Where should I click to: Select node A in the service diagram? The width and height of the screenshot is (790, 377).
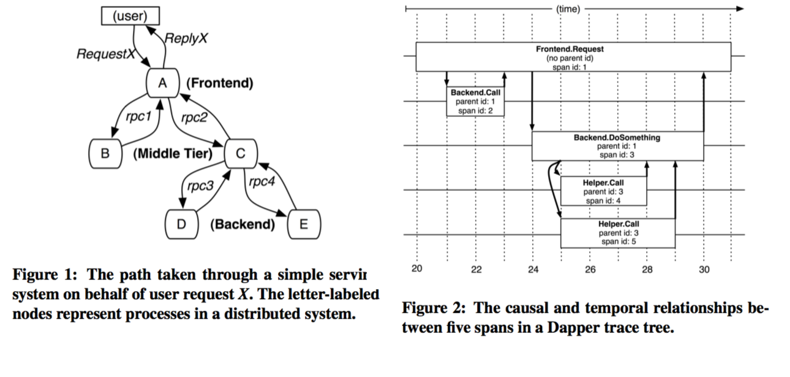click(x=162, y=83)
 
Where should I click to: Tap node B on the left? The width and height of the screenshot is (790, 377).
click(x=105, y=153)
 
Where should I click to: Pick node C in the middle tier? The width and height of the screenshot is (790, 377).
click(x=241, y=153)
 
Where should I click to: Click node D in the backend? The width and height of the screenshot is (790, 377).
click(x=181, y=224)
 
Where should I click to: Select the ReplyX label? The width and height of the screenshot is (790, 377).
click(x=188, y=38)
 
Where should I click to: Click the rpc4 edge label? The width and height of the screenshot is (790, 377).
click(x=263, y=182)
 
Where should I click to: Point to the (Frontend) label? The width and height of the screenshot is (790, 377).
click(x=219, y=83)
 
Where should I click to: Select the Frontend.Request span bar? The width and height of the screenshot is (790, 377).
click(x=573, y=57)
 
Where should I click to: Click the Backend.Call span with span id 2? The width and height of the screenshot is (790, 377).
click(x=475, y=101)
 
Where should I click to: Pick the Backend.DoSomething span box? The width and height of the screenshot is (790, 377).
click(x=617, y=146)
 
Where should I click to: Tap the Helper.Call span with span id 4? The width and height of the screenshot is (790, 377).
click(x=604, y=191)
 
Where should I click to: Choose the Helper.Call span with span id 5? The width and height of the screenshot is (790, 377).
click(x=618, y=233)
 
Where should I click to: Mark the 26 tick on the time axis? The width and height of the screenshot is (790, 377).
click(x=590, y=270)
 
